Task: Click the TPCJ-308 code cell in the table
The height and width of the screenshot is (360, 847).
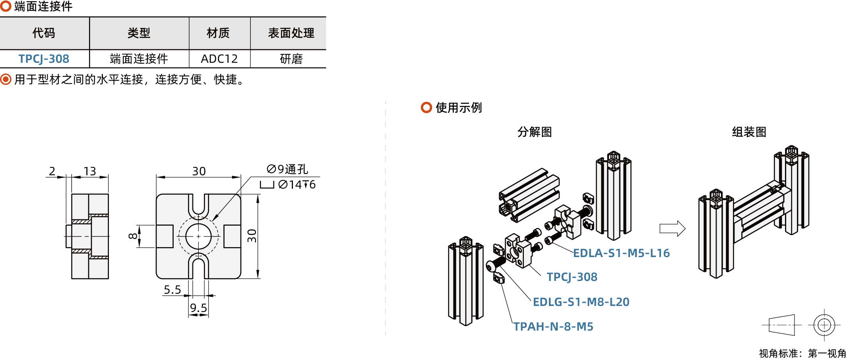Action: (44, 59)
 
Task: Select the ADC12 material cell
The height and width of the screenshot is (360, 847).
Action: (219, 59)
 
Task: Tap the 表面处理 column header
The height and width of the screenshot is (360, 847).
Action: (291, 33)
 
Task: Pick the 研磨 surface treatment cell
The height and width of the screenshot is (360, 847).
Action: (291, 59)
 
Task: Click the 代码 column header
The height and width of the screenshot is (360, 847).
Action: (44, 33)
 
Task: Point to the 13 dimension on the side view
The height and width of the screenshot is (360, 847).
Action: (90, 171)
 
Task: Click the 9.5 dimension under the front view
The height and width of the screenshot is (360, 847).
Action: (198, 308)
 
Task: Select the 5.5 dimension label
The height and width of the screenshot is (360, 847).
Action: (173, 290)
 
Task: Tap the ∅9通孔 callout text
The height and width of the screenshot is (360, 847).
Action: (287, 169)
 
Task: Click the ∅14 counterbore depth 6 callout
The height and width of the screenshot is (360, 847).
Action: (296, 185)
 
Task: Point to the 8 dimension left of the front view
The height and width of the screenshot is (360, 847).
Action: (133, 236)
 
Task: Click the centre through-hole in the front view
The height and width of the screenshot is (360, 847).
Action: (198, 236)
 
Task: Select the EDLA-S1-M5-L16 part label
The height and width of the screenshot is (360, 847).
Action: (621, 253)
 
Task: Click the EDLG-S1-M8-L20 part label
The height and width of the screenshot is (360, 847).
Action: (581, 302)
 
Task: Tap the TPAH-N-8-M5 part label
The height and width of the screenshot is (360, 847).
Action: (553, 327)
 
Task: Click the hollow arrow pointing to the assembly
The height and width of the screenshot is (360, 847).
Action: (672, 228)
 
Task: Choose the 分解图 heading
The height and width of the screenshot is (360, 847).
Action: (535, 132)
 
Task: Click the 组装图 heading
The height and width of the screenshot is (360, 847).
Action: (749, 132)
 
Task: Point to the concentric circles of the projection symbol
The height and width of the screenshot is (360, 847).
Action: (824, 325)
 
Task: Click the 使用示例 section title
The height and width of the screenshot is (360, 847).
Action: (458, 108)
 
